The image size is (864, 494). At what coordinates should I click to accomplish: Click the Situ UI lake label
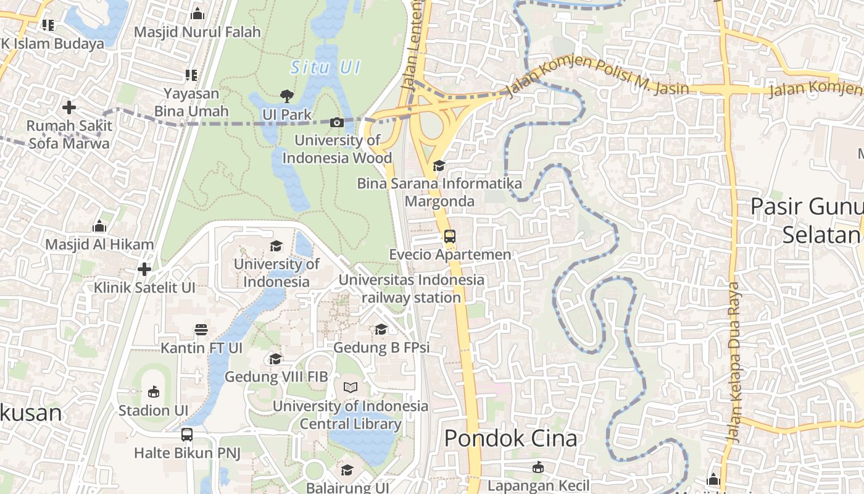325,67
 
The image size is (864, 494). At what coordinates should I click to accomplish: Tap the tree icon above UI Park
286,96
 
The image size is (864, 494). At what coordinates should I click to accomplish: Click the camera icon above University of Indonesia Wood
336,122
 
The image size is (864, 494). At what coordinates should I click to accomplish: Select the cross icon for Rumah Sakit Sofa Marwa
69,107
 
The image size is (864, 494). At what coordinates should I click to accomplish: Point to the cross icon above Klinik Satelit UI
144,269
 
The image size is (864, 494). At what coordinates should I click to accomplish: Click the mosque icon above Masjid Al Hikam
99,226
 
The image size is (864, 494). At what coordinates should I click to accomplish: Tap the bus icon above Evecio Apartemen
450,236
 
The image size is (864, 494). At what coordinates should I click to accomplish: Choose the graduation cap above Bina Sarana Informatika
439,165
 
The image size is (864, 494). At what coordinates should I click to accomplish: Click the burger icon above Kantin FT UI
201,329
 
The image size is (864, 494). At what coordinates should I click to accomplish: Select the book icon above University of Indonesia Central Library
350,387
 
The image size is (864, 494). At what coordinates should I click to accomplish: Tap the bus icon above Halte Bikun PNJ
187,435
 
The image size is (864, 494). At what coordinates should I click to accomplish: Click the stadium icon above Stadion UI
153,391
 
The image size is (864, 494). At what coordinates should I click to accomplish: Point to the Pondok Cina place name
510,438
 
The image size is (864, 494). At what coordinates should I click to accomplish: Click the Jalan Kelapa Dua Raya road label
733,362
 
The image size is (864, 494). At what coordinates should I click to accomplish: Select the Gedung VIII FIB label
276,377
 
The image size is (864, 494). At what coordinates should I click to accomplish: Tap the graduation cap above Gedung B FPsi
381,329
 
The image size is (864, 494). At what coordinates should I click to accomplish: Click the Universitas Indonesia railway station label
412,288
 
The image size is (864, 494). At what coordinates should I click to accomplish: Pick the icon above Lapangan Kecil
538,467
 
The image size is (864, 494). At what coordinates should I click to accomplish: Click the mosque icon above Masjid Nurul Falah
197,13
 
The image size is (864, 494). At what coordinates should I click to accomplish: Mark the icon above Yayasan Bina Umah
191,75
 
